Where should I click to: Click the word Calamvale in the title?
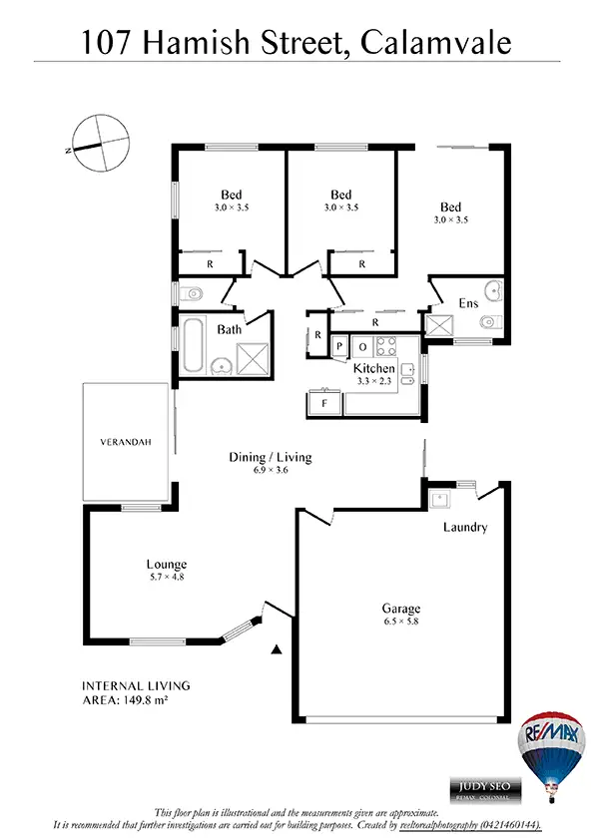[x=437, y=42]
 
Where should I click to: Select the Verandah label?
[x=125, y=441]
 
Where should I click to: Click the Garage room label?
[x=400, y=609]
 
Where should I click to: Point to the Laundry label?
[x=466, y=527]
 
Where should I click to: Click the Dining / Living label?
[x=271, y=457]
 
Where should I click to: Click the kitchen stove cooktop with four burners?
[x=386, y=347]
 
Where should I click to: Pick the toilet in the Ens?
[x=490, y=322]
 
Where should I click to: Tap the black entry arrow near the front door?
[x=276, y=650]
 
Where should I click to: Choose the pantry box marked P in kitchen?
[x=340, y=347]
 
